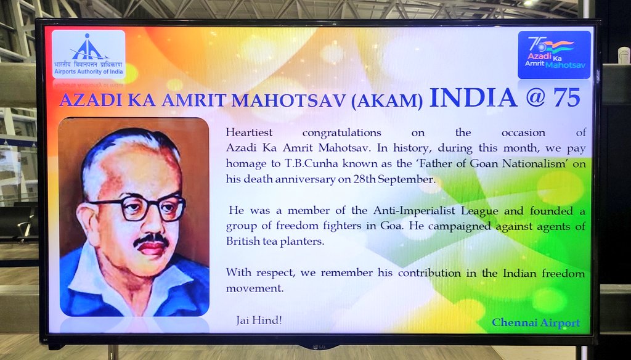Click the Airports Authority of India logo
click(x=89, y=54)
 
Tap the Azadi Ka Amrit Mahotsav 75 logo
click(x=554, y=55)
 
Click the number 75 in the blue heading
click(x=567, y=97)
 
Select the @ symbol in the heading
click(x=535, y=98)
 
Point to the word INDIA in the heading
click(x=473, y=98)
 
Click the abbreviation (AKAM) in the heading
click(x=387, y=100)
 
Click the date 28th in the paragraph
click(x=364, y=179)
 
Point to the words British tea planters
click(x=275, y=242)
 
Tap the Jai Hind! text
click(x=259, y=321)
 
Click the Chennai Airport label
click(x=536, y=322)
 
